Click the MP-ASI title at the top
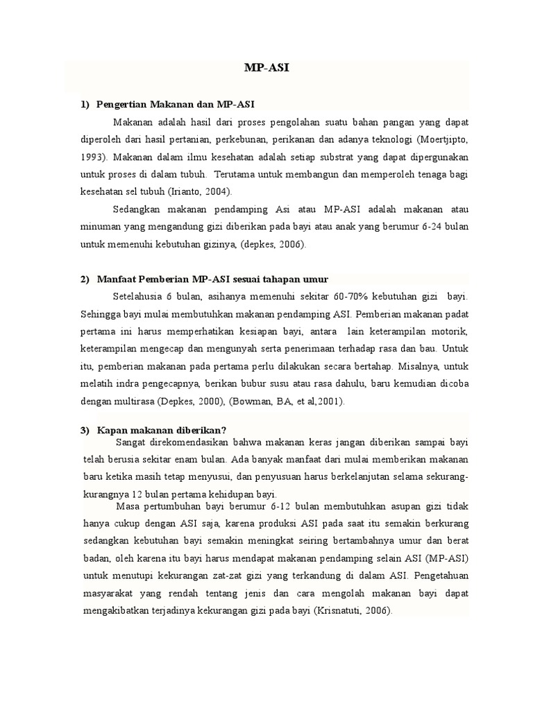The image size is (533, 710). tap(266, 69)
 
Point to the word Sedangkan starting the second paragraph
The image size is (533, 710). tap(135, 208)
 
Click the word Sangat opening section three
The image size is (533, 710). tap(131, 442)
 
